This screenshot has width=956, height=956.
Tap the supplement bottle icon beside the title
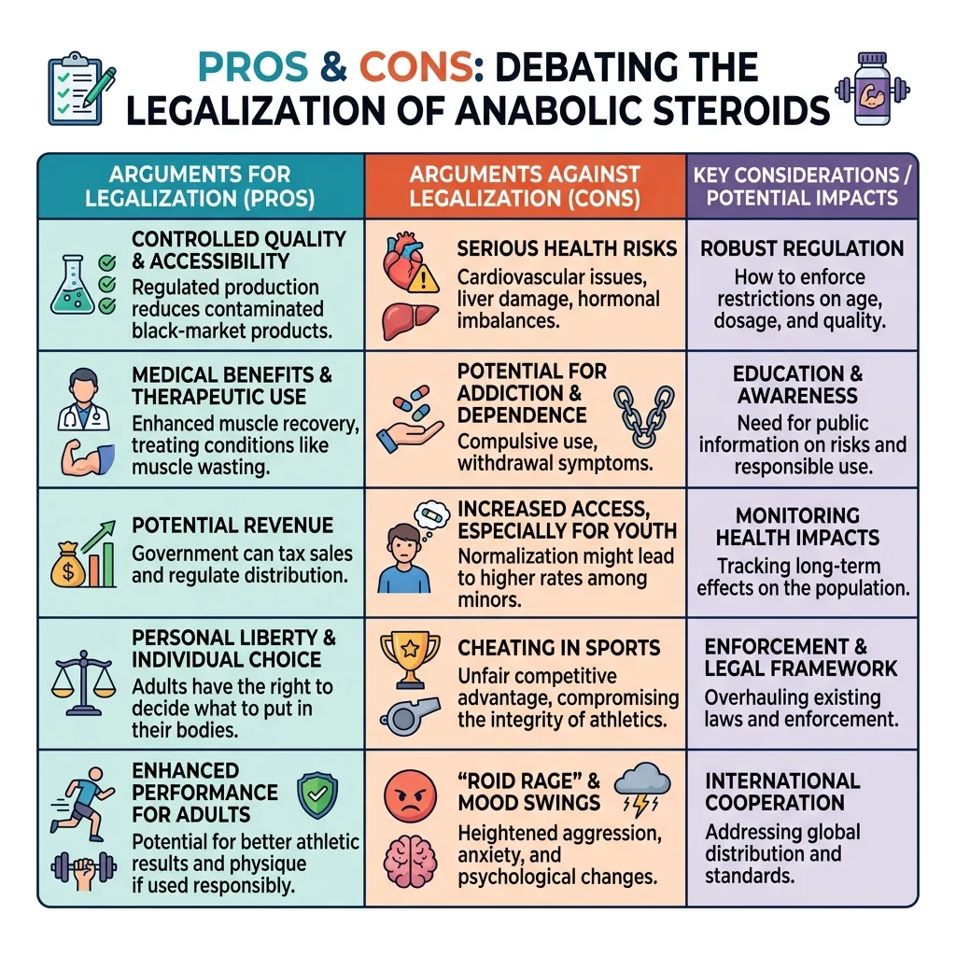point(872,89)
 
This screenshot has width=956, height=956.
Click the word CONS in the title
point(415,67)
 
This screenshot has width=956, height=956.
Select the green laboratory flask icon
point(73,286)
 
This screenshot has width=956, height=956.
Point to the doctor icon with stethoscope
point(84,400)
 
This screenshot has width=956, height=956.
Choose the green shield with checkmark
point(317,795)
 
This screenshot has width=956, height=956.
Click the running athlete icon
point(82,804)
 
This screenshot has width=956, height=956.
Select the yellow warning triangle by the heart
point(423,280)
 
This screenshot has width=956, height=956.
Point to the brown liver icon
point(410,321)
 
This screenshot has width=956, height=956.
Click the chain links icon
point(644,415)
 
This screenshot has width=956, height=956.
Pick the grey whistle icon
point(410,717)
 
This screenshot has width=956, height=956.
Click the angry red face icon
point(411,796)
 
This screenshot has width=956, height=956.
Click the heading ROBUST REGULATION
point(802,248)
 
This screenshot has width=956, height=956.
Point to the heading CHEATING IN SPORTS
point(559,648)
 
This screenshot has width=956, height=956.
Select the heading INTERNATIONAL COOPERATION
point(783,792)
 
